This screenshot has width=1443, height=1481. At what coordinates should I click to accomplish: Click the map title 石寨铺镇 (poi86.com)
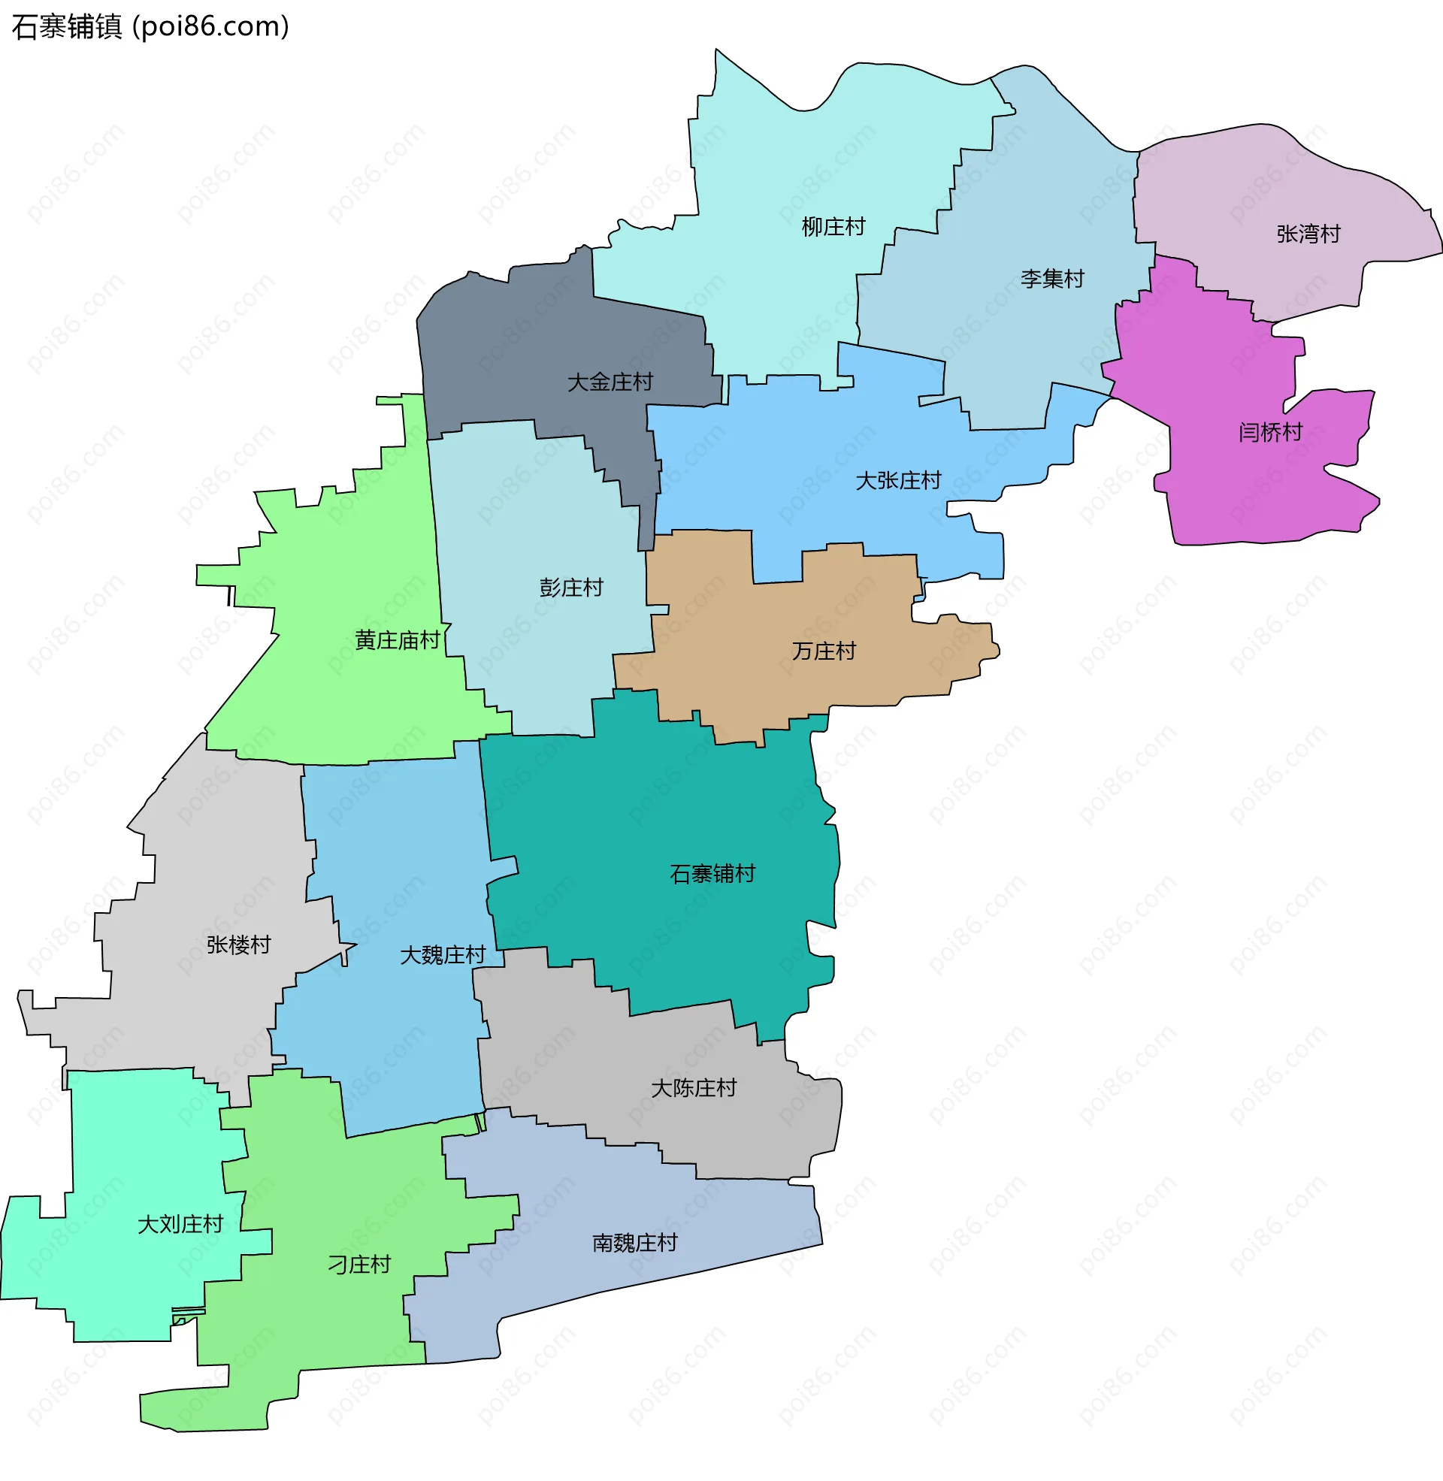[150, 27]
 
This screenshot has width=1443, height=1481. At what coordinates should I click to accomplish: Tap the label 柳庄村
[833, 226]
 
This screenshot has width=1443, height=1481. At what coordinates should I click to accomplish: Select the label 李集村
[1052, 279]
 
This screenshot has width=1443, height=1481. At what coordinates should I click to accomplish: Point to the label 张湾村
[1308, 234]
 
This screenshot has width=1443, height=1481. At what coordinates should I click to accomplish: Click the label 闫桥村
[1270, 433]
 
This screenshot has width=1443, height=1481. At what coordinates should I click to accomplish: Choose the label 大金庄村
[610, 382]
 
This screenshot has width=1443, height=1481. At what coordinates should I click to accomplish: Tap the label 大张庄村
[898, 480]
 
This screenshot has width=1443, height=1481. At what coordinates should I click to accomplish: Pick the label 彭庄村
[570, 588]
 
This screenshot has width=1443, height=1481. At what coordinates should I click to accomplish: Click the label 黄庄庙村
[397, 641]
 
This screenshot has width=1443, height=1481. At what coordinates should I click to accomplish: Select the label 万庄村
[824, 651]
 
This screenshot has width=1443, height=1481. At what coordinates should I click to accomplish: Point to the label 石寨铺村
[712, 874]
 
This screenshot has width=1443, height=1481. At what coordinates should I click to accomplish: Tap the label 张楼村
[239, 945]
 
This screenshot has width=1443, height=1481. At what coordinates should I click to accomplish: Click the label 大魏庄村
[443, 955]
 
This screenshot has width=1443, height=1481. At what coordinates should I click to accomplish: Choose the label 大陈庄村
[694, 1089]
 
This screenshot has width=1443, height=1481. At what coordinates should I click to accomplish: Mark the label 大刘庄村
[180, 1225]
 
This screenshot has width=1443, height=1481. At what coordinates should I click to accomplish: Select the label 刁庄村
[359, 1265]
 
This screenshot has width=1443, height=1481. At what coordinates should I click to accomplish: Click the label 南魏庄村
[634, 1243]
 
